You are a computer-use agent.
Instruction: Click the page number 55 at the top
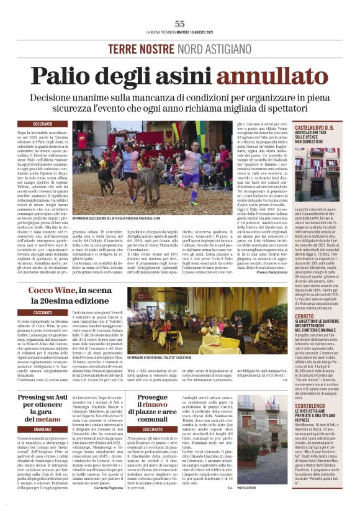(180, 24)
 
